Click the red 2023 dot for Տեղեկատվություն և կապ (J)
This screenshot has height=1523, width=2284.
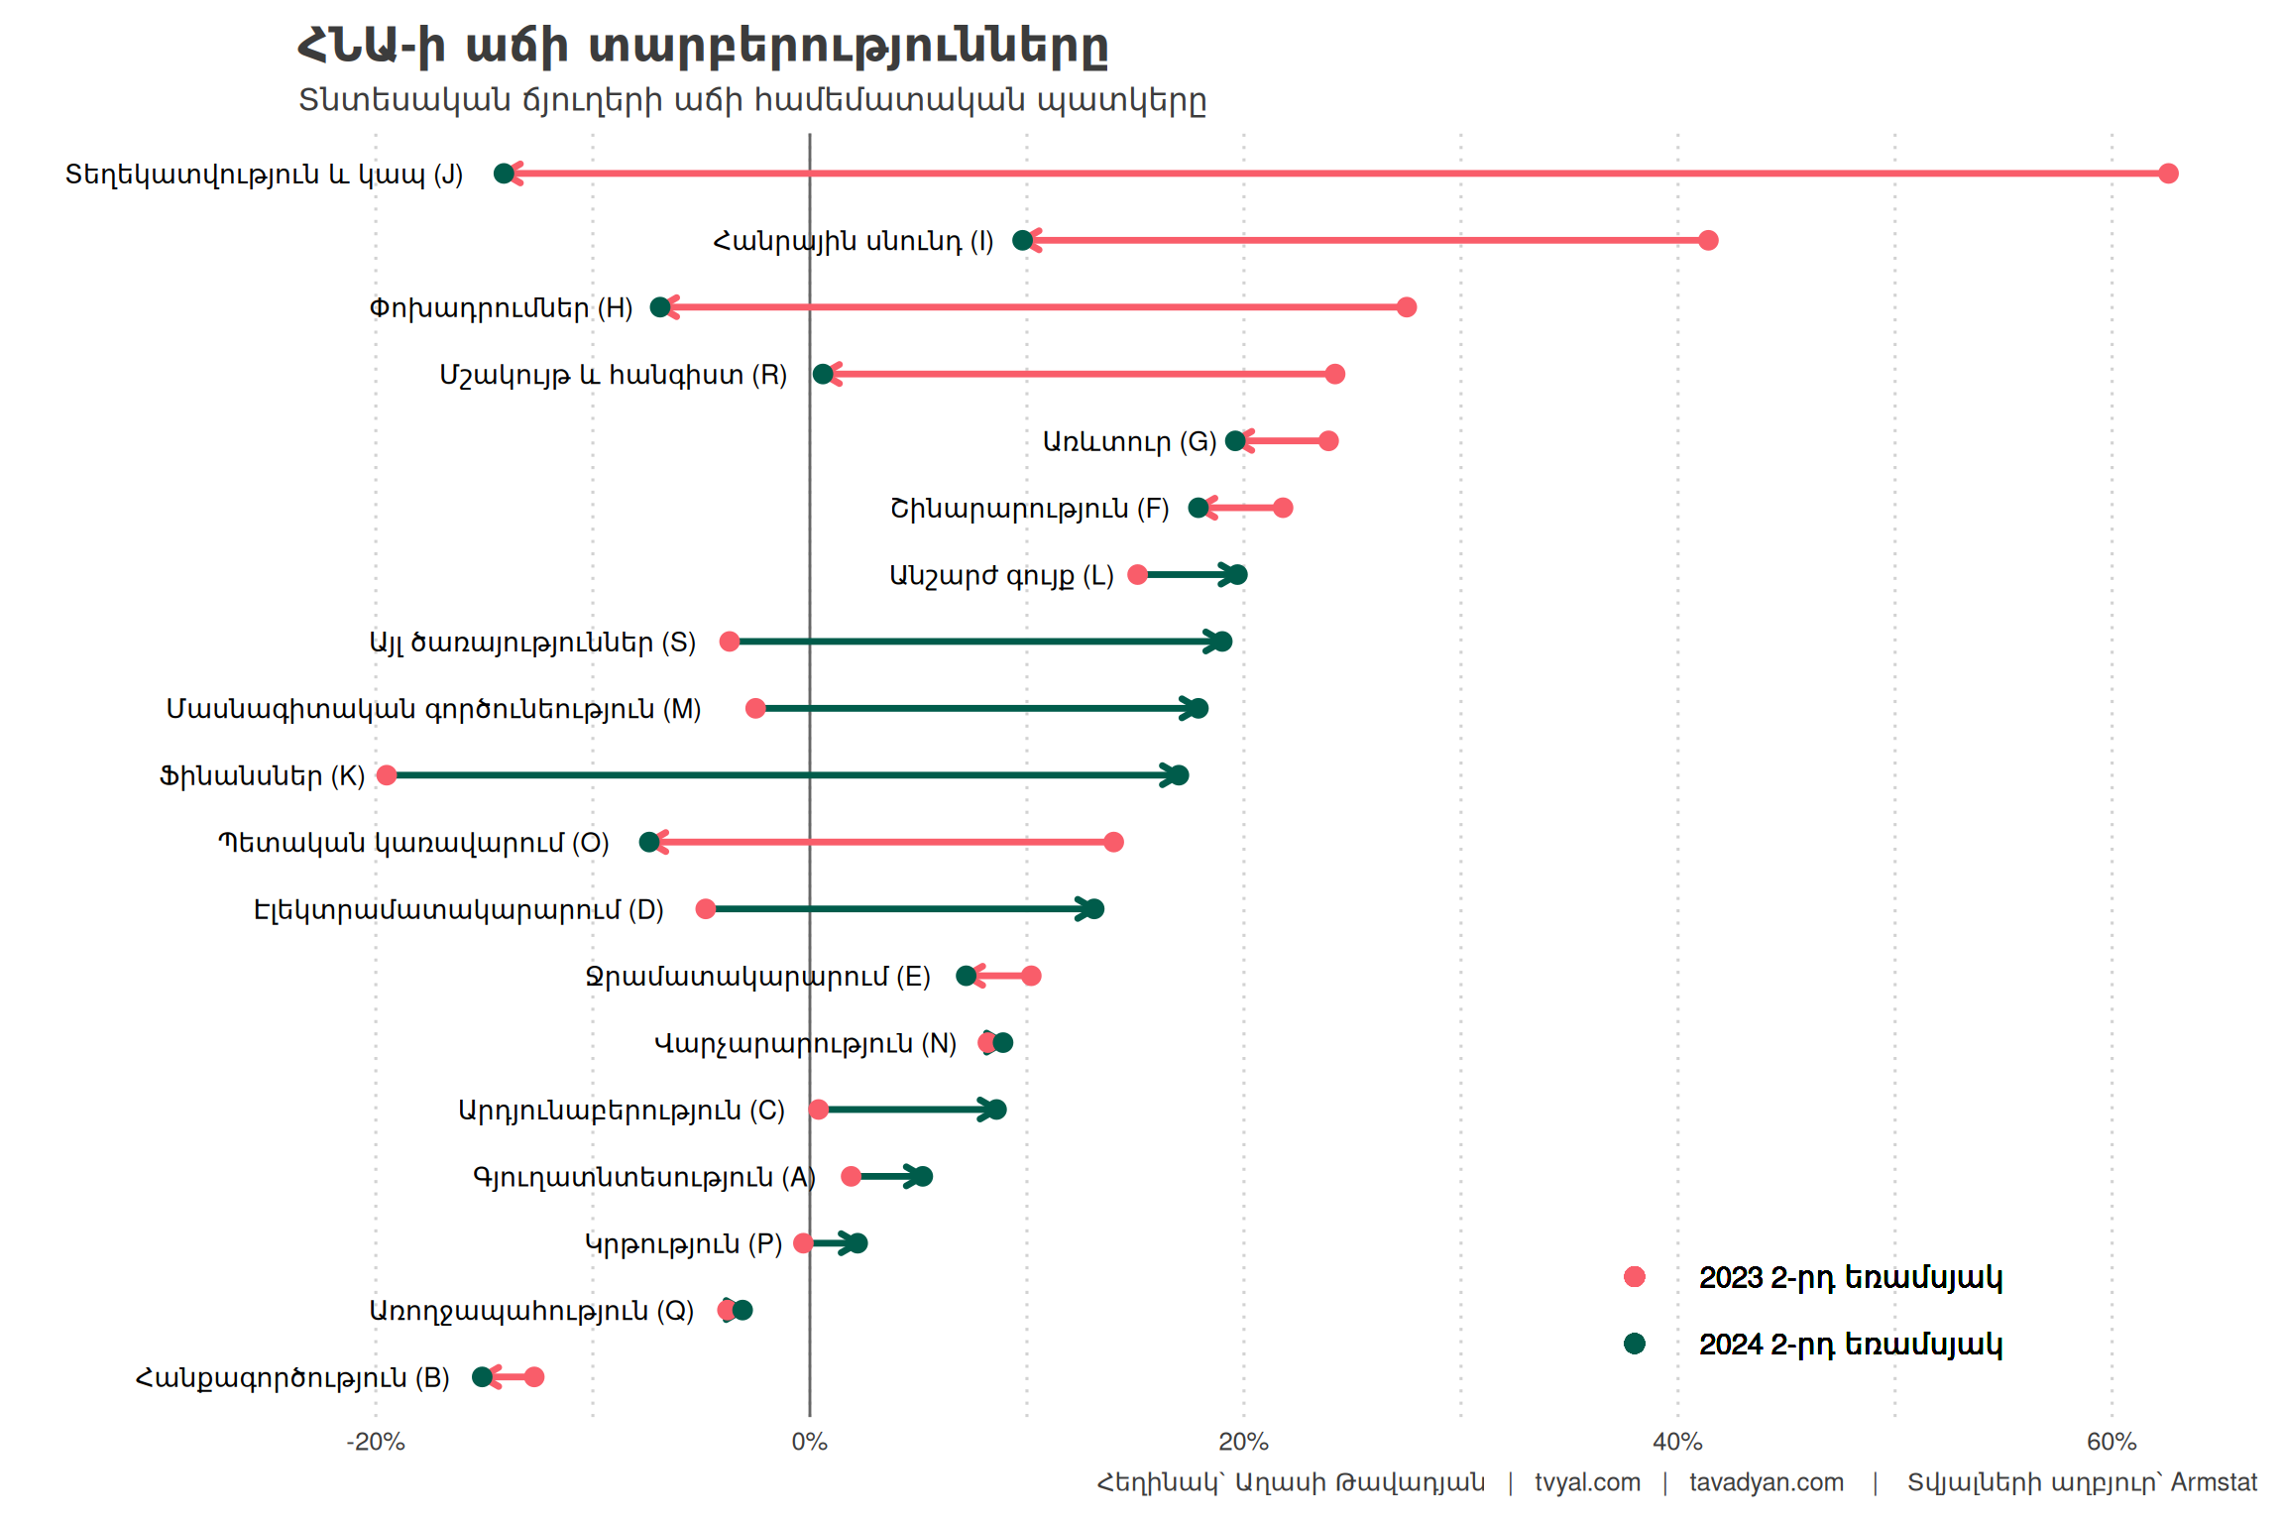(x=2168, y=174)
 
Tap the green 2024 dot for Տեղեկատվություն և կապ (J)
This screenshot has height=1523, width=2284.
(x=504, y=174)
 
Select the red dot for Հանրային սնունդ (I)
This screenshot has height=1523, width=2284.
(x=1707, y=240)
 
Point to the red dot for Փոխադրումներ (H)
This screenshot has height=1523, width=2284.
(x=1406, y=307)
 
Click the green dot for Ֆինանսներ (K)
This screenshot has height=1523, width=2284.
(x=1178, y=775)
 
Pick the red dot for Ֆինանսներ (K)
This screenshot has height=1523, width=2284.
(x=387, y=775)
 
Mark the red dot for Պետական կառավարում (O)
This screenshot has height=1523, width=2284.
(x=1113, y=842)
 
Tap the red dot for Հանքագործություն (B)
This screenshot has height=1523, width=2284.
(x=533, y=1376)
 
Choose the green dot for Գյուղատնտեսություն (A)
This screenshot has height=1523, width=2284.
(x=922, y=1176)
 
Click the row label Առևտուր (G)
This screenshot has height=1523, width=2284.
(x=1129, y=441)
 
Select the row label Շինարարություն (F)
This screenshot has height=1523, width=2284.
(x=1029, y=509)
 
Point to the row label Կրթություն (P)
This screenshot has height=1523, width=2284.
(x=683, y=1243)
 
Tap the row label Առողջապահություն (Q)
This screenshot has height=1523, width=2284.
(x=531, y=1311)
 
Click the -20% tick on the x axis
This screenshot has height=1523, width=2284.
(x=376, y=1442)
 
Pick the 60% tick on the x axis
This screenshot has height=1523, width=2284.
(x=2112, y=1442)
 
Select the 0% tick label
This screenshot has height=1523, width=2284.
(x=809, y=1442)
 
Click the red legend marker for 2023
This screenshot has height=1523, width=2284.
(x=1635, y=1277)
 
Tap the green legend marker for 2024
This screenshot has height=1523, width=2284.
(x=1635, y=1344)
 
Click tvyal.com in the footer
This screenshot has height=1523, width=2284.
(x=1587, y=1482)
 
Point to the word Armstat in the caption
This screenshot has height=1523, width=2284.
(x=2214, y=1482)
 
